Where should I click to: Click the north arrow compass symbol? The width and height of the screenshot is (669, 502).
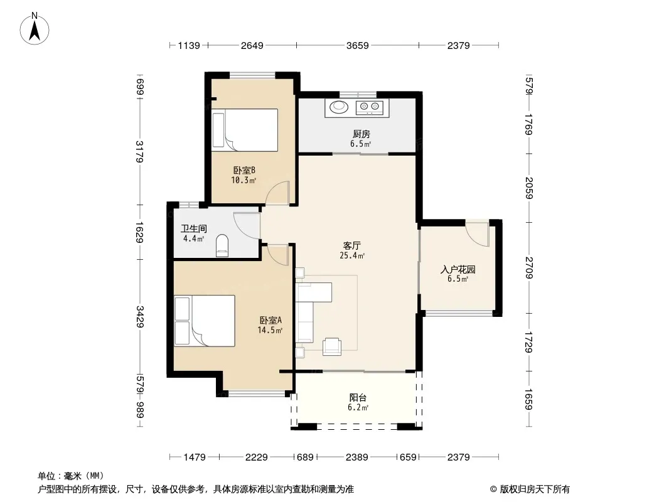tap(35, 28)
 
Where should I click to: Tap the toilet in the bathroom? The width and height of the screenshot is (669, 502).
tap(222, 246)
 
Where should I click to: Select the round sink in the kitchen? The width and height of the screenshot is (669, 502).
tap(339, 106)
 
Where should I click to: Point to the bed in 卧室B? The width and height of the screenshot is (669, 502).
tap(245, 130)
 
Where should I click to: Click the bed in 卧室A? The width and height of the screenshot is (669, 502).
tap(205, 321)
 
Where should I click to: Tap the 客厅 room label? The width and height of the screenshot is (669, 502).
tap(352, 246)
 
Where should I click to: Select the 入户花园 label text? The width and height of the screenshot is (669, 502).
tap(458, 270)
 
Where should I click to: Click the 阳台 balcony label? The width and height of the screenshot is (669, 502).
tap(358, 398)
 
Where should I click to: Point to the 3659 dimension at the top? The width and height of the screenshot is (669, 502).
tap(358, 45)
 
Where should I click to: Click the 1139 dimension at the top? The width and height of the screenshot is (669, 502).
tap(188, 45)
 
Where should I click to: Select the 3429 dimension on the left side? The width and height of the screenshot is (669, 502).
tap(139, 317)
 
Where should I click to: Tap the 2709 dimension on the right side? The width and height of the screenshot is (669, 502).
tap(529, 268)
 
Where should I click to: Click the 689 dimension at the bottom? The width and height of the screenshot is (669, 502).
tap(305, 457)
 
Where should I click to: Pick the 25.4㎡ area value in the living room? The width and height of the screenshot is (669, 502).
tap(352, 256)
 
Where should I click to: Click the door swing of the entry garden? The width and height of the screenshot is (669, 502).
tap(477, 233)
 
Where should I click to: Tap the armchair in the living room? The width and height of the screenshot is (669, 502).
tap(331, 346)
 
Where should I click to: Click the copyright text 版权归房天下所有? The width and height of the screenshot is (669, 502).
tap(535, 489)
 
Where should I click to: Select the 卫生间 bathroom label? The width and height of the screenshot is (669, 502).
tap(194, 228)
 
